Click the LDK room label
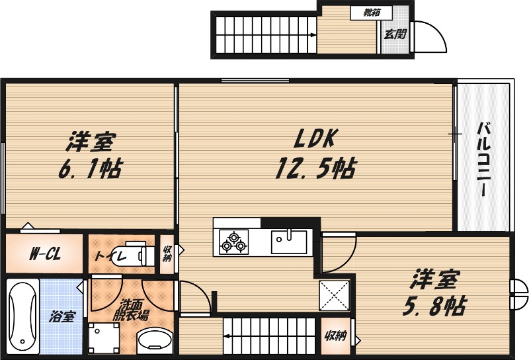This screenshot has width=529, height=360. [316, 138]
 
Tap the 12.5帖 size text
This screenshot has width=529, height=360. [315, 169]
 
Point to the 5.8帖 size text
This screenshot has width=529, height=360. [434, 306]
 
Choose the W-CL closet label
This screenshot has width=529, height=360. [46, 254]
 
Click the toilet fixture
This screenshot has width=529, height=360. [134, 255]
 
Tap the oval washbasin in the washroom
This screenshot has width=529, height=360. [155, 341]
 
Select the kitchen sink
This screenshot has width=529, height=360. [289, 240]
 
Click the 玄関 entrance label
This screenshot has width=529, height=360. [395, 32]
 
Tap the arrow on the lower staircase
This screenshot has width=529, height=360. [227, 336]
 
